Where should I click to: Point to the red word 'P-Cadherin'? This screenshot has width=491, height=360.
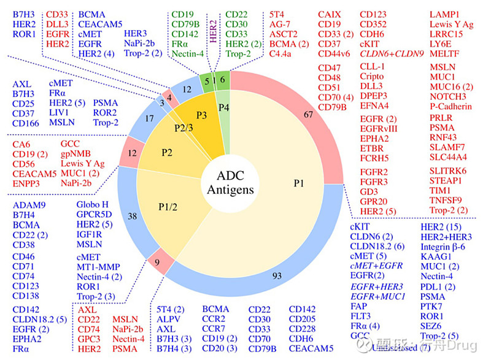click(x=451, y=106)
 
